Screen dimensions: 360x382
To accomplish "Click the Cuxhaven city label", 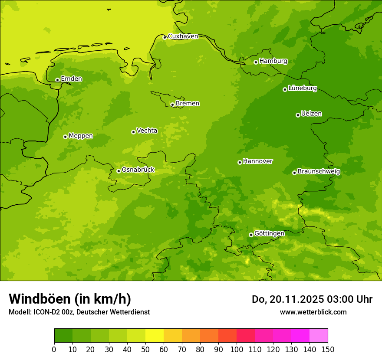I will click(x=183, y=36).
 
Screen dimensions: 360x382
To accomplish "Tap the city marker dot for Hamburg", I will click(x=256, y=62).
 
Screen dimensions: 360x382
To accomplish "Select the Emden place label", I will click(x=71, y=79).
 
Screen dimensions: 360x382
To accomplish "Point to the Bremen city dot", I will click(x=172, y=105).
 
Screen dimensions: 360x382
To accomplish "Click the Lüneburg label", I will click(x=302, y=88).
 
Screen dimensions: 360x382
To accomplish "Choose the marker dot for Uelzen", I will click(x=298, y=115).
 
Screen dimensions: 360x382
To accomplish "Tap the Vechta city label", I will click(x=147, y=131).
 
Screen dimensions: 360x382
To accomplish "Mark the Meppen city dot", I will click(x=65, y=137).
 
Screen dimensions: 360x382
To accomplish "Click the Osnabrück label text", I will click(x=138, y=170).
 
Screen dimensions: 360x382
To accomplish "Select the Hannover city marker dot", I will click(x=240, y=162).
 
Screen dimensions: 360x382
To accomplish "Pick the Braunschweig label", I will click(x=319, y=172).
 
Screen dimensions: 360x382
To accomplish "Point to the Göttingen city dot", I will click(x=251, y=235).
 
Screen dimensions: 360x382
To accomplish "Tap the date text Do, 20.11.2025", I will click(x=287, y=300).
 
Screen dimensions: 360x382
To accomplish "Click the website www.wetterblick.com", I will click(x=313, y=312).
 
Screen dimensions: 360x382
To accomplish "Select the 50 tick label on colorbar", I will click(x=145, y=349).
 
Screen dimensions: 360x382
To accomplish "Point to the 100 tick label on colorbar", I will click(x=236, y=349).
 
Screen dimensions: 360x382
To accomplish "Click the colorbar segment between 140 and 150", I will click(x=319, y=336).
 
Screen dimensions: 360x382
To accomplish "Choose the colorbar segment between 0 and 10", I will click(x=63, y=336).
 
